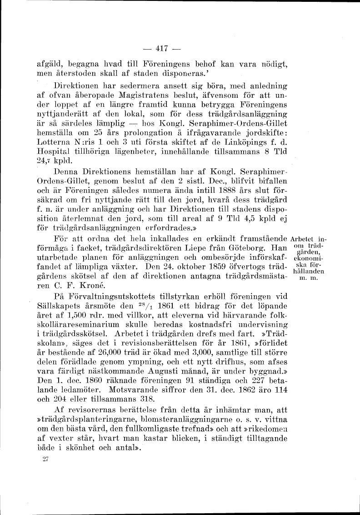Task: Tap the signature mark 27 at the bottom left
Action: (45, 460)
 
